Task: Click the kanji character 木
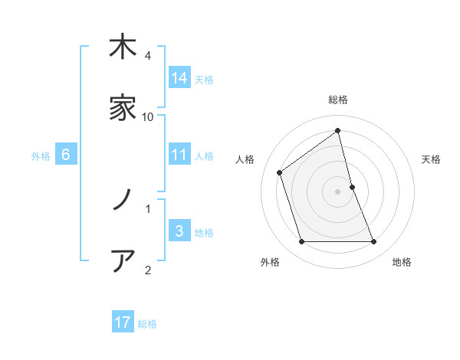point(123,47)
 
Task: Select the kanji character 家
point(123,110)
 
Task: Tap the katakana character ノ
point(123,200)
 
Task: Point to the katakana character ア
point(123,261)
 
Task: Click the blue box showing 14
point(179,78)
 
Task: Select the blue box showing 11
point(179,155)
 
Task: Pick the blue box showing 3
point(179,231)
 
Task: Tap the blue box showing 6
point(66,155)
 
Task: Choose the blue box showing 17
point(123,322)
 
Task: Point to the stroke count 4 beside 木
point(147,55)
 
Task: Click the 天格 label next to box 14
point(204,80)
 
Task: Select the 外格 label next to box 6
point(41,156)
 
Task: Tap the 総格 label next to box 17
point(147,324)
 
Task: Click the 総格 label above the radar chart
point(338,100)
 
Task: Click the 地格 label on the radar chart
point(402,262)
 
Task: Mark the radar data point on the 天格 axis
point(352,187)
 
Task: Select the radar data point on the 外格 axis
point(301,242)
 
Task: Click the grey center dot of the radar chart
point(338,191)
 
